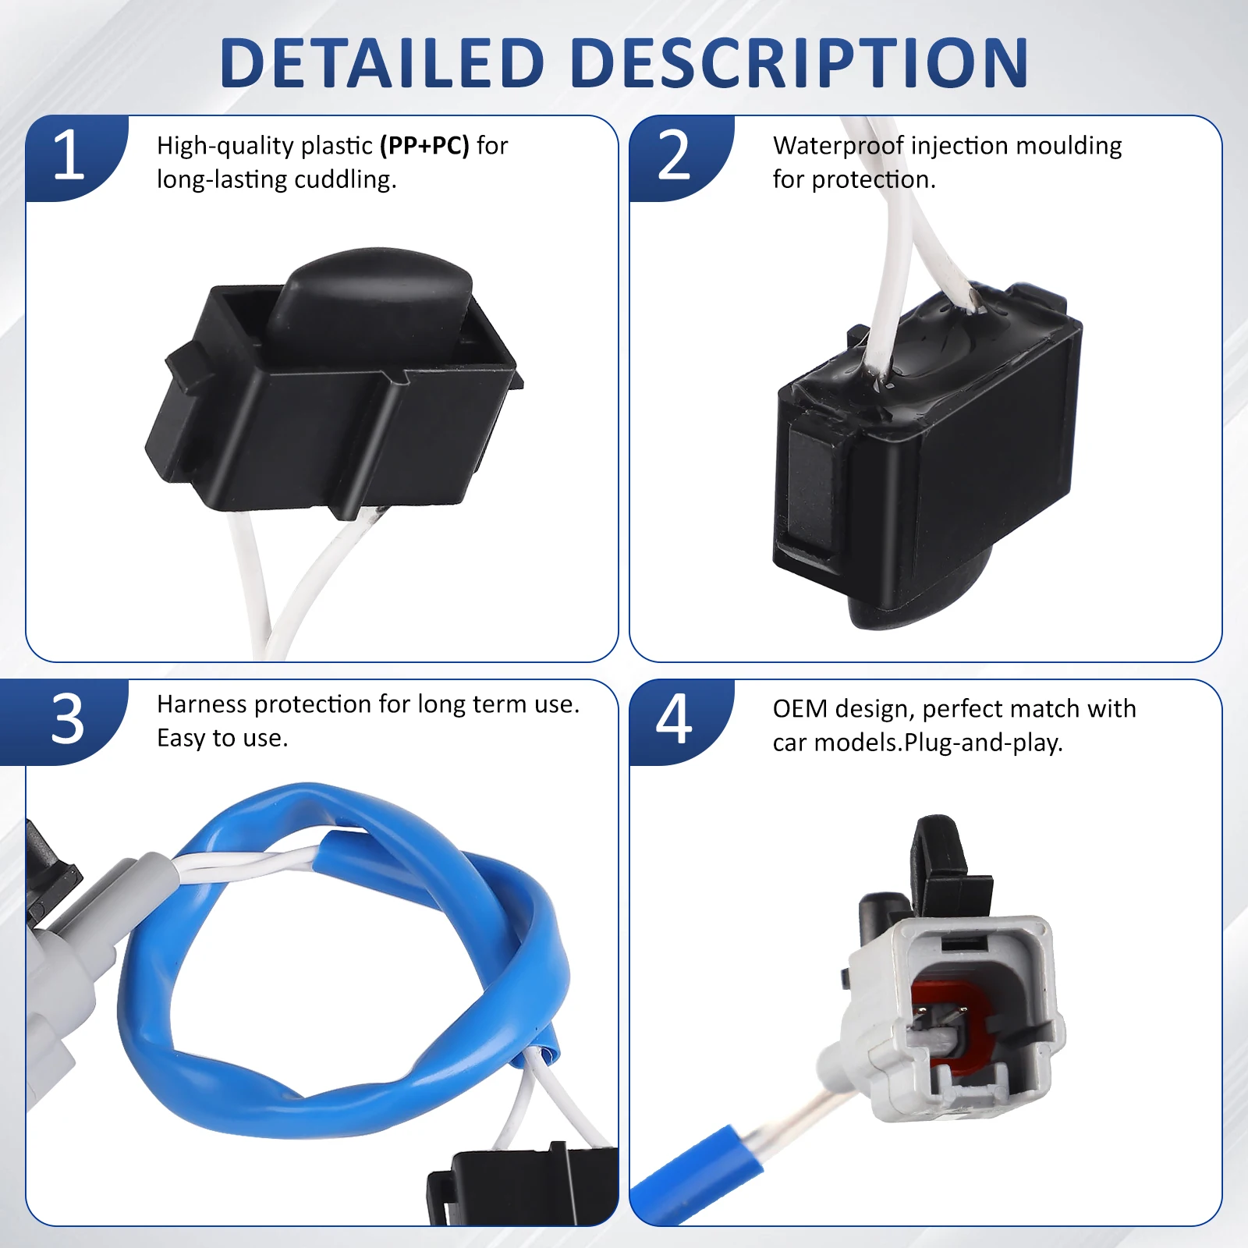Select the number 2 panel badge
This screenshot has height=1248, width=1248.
coord(674,156)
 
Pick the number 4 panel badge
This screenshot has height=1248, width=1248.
coord(674,719)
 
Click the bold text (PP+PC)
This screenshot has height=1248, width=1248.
coord(424,146)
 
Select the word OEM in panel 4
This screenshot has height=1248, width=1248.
coord(799,709)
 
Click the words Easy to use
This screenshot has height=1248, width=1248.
coord(222,739)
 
